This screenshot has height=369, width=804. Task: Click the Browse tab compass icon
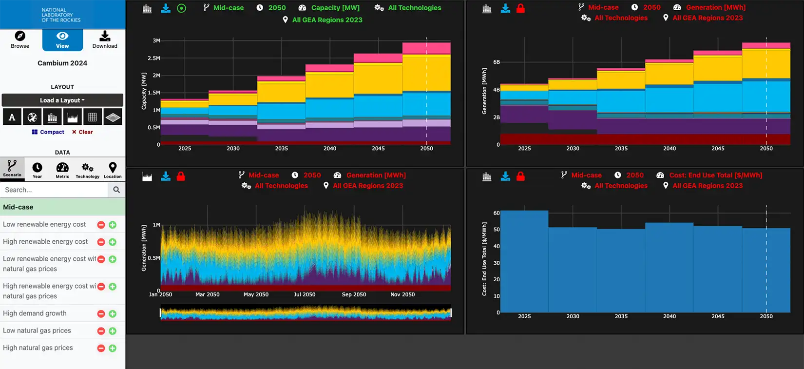pyautogui.click(x=20, y=36)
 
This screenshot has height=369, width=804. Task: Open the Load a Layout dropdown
pyautogui.click(x=62, y=100)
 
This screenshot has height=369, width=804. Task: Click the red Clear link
pyautogui.click(x=82, y=132)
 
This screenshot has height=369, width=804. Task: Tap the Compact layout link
pyautogui.click(x=48, y=132)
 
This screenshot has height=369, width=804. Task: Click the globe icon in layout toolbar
pyautogui.click(x=32, y=117)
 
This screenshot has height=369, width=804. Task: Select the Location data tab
pyautogui.click(x=113, y=170)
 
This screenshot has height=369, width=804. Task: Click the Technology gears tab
pyautogui.click(x=88, y=170)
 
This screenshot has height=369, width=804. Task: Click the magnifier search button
pyautogui.click(x=116, y=190)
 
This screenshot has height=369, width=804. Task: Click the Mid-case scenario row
pyautogui.click(x=62, y=207)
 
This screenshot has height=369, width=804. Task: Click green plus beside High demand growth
pyautogui.click(x=113, y=314)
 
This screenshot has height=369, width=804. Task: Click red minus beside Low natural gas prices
pyautogui.click(x=101, y=331)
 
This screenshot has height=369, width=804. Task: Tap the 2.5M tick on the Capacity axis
pyautogui.click(x=154, y=58)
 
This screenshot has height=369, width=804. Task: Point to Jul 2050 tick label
pyautogui.click(x=305, y=294)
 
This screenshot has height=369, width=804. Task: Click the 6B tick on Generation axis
pyautogui.click(x=497, y=62)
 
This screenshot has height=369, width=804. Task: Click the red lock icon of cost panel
pyautogui.click(x=520, y=176)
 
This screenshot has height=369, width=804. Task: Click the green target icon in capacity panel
pyautogui.click(x=181, y=8)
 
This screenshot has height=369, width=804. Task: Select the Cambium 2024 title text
pyautogui.click(x=62, y=63)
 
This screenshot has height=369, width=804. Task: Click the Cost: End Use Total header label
pyautogui.click(x=715, y=175)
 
